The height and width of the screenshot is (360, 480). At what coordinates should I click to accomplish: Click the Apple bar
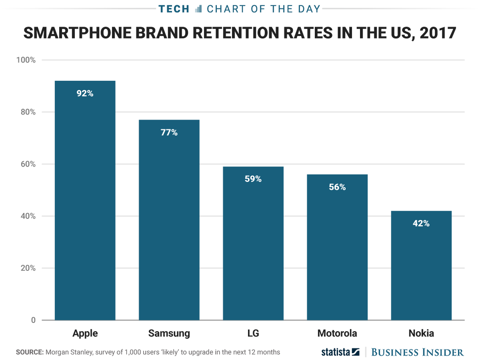[85, 200]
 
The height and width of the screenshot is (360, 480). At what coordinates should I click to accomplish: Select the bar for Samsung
[169, 220]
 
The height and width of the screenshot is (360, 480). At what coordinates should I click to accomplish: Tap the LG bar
[253, 243]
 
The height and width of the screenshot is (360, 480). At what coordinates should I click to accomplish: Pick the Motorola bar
[337, 247]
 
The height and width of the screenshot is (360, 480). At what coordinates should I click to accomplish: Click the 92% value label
[85, 93]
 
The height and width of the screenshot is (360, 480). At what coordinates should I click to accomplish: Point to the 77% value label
[169, 133]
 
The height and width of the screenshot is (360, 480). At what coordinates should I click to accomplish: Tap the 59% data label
[253, 179]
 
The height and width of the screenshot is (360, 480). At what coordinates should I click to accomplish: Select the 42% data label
[421, 224]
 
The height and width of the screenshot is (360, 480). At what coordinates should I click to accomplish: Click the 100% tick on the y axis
[26, 60]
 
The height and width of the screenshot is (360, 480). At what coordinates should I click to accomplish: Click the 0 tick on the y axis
[33, 320]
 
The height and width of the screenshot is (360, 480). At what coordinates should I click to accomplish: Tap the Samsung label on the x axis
[169, 333]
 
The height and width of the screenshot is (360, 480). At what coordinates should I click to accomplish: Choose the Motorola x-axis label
[337, 333]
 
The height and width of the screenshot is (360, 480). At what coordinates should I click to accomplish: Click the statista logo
[340, 352]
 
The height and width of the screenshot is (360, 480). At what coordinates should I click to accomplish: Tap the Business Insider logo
[417, 352]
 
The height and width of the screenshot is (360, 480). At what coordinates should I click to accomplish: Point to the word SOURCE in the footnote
[30, 352]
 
